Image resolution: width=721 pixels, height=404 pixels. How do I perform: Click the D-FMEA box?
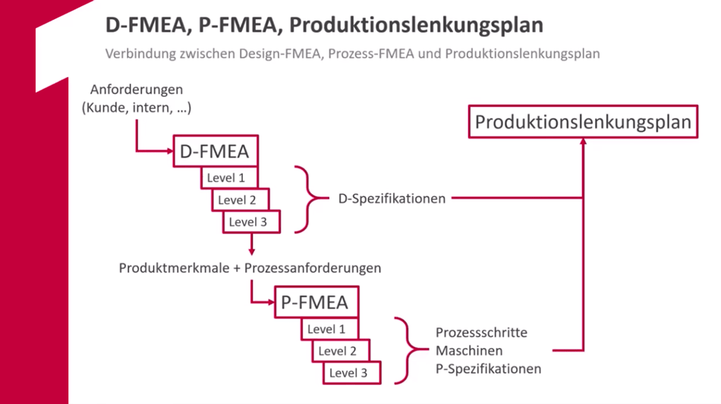click(x=214, y=152)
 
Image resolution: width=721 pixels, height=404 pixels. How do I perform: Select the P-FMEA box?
click(x=314, y=303)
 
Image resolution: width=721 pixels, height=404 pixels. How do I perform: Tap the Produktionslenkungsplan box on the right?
click(x=584, y=122)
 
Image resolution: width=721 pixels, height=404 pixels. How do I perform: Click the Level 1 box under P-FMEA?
click(x=326, y=330)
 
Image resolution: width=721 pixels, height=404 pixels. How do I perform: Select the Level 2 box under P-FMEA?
click(x=337, y=351)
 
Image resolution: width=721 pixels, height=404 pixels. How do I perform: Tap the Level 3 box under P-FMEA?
click(x=348, y=373)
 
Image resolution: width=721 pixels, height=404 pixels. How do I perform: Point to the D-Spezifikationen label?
click(x=392, y=199)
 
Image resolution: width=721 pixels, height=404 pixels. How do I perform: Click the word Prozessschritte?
click(x=481, y=333)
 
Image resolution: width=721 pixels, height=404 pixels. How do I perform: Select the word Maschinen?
click(x=468, y=351)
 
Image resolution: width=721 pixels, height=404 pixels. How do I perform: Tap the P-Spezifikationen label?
click(x=488, y=369)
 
